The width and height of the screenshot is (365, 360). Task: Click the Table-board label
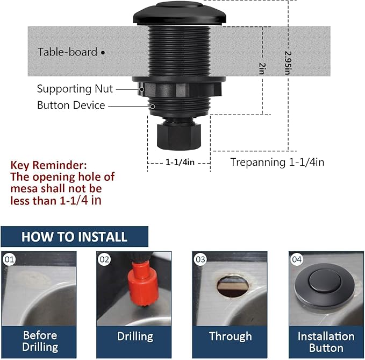coord(67,52)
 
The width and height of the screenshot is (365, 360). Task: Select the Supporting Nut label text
coord(75,89)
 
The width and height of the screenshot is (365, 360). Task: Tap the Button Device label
coord(71,105)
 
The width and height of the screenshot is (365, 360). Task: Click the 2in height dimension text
coord(262,68)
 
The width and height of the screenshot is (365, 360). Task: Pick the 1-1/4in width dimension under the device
coord(180,161)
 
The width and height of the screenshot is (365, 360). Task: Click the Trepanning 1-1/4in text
coord(277,162)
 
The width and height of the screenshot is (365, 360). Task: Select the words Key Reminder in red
coord(48,165)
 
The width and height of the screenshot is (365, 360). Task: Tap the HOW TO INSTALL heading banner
coord(74,237)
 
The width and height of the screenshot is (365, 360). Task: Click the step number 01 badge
coord(9,259)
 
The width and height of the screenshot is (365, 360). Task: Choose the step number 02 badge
coord(104,259)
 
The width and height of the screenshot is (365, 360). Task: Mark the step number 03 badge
coord(201,259)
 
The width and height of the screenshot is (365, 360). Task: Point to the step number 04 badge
coord(297,259)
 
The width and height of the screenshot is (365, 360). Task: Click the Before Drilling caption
coord(39,341)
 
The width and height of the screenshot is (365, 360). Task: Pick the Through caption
coord(230,336)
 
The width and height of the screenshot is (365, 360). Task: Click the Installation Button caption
coord(326,341)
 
